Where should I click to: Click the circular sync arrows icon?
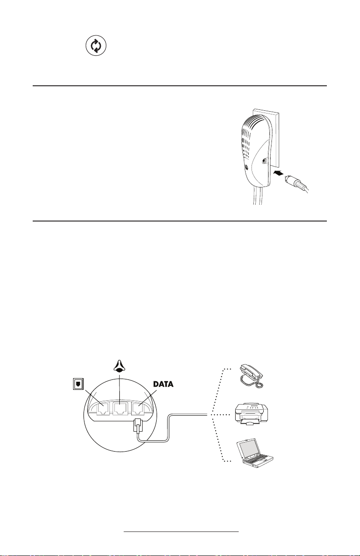(96, 46)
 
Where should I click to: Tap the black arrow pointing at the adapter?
(278, 173)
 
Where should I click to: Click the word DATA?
(163, 384)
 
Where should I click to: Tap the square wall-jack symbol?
(79, 384)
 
